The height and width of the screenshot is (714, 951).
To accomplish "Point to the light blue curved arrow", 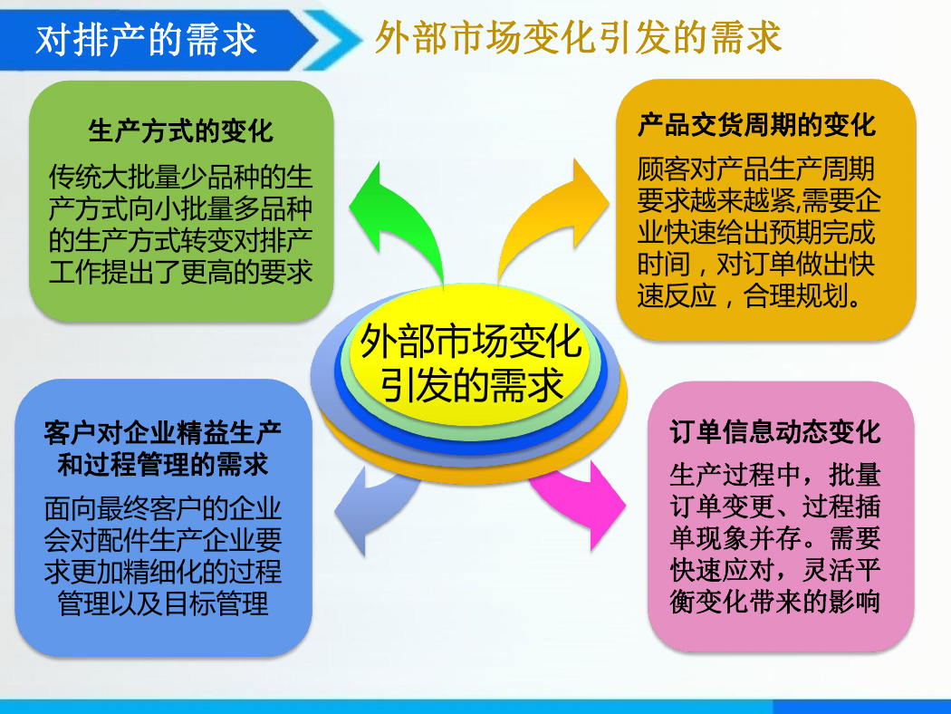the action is click(373, 504).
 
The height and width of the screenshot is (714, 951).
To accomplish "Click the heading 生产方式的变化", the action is click(181, 131).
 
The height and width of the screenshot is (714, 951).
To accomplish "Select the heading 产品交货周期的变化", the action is click(756, 125).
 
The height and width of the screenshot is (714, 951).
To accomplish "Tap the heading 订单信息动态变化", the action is click(774, 432).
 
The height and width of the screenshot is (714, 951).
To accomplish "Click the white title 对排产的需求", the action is click(146, 40).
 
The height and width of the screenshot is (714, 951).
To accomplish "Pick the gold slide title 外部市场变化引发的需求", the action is click(578, 38).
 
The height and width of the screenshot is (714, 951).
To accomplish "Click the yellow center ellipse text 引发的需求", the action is click(472, 385).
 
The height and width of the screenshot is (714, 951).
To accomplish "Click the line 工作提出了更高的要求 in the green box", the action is click(181, 272).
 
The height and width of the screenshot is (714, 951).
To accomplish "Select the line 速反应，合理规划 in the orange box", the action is click(749, 296).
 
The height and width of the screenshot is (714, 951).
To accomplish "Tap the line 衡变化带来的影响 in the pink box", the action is click(774, 602).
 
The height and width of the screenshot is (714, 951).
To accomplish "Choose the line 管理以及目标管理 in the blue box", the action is click(162, 603).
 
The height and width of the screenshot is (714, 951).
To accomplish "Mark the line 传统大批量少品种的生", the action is click(181, 177).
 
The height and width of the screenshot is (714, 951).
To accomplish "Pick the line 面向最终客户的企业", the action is click(162, 508).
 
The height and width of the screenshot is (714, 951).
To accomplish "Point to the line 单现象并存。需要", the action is click(774, 538).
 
